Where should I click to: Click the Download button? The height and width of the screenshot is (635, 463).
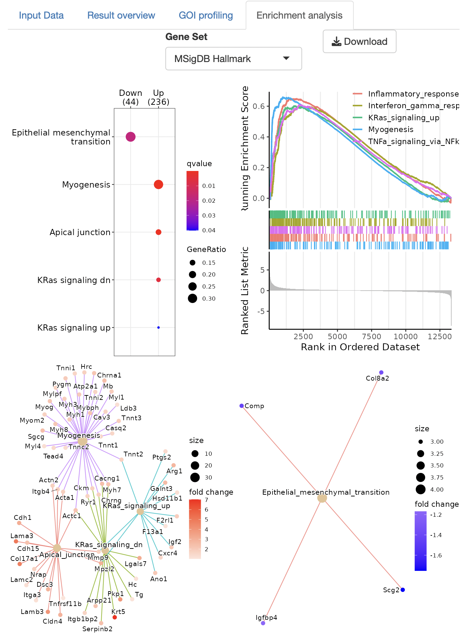click(x=359, y=41)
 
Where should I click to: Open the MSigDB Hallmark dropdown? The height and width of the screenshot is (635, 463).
click(x=234, y=59)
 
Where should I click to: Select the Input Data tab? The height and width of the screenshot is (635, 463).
click(x=41, y=16)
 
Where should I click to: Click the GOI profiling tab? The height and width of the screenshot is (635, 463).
click(x=206, y=16)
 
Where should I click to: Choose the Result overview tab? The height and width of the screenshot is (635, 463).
click(x=121, y=16)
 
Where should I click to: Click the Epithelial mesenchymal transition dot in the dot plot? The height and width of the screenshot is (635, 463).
click(x=131, y=137)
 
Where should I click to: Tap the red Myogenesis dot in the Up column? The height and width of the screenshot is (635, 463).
click(x=158, y=184)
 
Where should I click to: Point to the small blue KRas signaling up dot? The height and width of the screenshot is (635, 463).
click(x=158, y=327)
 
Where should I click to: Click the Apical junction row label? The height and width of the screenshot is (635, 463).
click(x=80, y=232)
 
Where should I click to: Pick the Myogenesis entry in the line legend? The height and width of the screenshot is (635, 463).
click(x=391, y=130)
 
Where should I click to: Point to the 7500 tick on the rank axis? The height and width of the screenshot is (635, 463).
click(x=372, y=336)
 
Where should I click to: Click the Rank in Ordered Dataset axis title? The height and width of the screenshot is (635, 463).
click(x=360, y=347)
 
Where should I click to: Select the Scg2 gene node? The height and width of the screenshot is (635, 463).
click(x=403, y=590)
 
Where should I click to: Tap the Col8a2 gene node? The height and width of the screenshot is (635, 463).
click(x=381, y=372)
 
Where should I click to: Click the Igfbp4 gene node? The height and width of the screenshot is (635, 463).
click(x=263, y=623)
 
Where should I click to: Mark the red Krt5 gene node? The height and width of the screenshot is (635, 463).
click(x=115, y=617)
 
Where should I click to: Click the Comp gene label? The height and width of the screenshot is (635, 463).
click(x=254, y=406)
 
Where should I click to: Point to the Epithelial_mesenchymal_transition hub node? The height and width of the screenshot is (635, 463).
click(x=322, y=498)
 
